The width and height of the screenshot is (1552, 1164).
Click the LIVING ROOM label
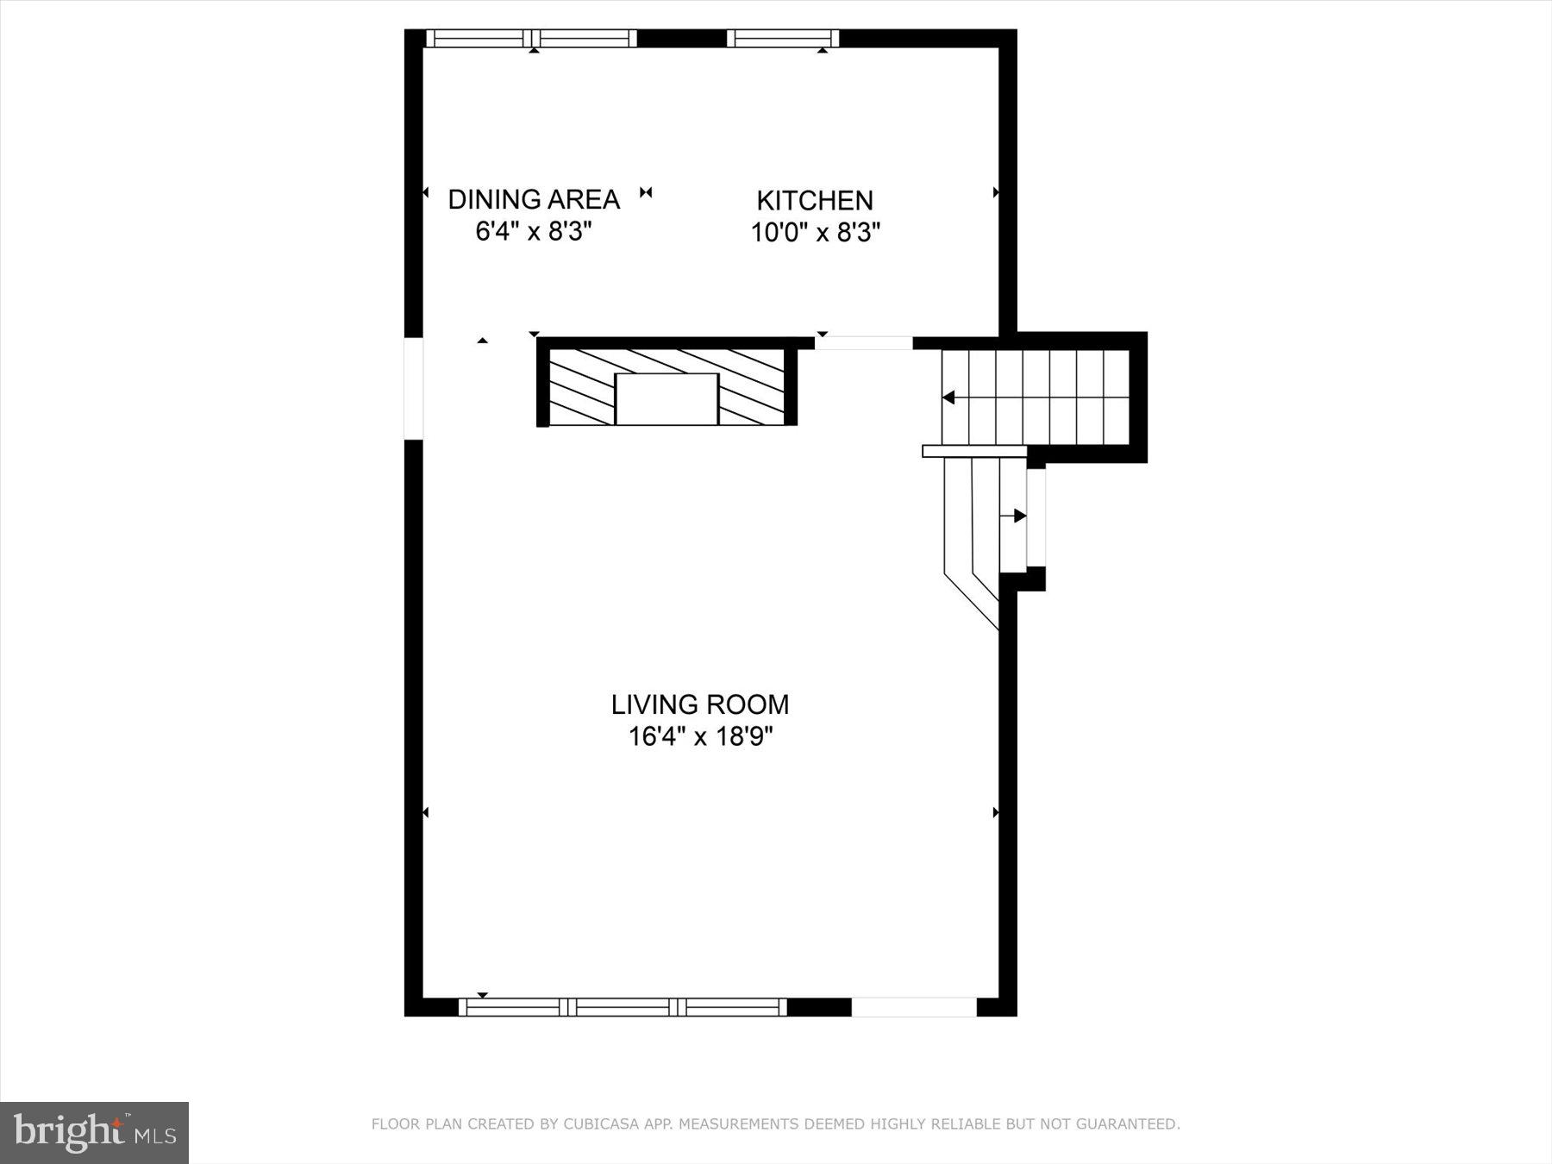pyautogui.click(x=700, y=704)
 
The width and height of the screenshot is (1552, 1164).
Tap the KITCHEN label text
pyautogui.click(x=815, y=200)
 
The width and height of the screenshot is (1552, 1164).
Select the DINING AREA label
pyautogui.click(x=534, y=199)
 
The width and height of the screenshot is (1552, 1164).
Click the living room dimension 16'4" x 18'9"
pyautogui.click(x=700, y=737)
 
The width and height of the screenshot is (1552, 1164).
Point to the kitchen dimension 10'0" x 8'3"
pyautogui.click(x=815, y=233)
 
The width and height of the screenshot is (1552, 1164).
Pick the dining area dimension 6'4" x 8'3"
pyautogui.click(x=534, y=232)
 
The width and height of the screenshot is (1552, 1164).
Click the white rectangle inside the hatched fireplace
pyautogui.click(x=666, y=399)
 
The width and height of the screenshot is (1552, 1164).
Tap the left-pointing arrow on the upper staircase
pyautogui.click(x=948, y=397)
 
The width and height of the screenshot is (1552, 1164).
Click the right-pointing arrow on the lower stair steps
pyautogui.click(x=1020, y=516)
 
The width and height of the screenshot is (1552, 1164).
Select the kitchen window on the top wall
pyautogui.click(x=782, y=38)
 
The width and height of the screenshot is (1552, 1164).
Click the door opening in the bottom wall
pyautogui.click(x=914, y=1007)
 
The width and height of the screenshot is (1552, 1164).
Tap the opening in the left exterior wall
pyautogui.click(x=414, y=388)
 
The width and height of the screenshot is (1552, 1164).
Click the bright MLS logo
pyautogui.click(x=94, y=1132)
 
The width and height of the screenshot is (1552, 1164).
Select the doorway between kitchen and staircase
pyautogui.click(x=863, y=343)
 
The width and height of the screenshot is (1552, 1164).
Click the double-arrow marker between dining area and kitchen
pyautogui.click(x=646, y=192)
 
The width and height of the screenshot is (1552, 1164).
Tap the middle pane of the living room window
pyautogui.click(x=623, y=1007)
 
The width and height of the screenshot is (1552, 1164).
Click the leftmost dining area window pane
pyautogui.click(x=476, y=38)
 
